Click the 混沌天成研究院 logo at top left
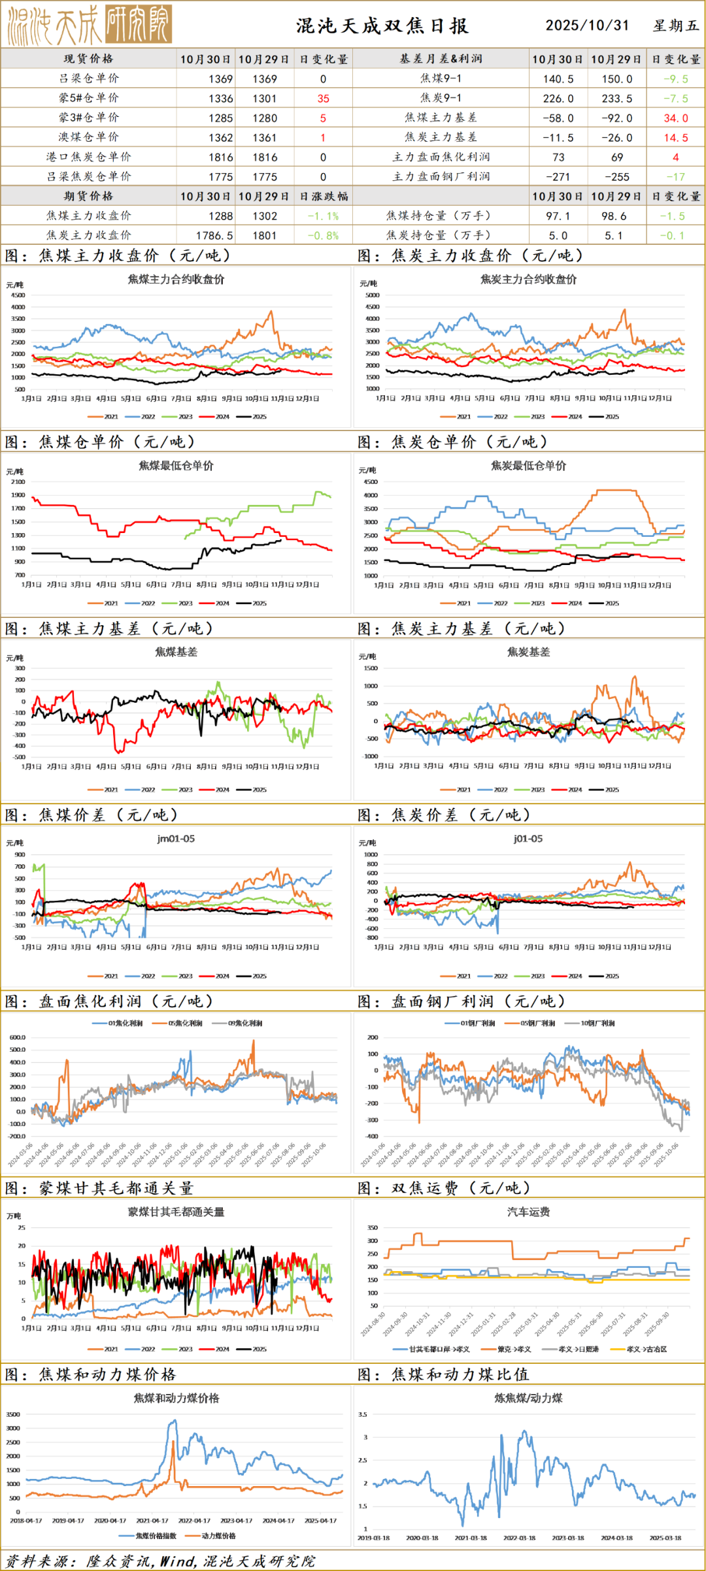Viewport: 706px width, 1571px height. pyautogui.click(x=90, y=25)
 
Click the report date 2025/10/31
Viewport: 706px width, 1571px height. pyautogui.click(x=587, y=25)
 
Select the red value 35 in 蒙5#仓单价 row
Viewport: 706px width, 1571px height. pyautogui.click(x=323, y=99)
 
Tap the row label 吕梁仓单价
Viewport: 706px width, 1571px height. pyautogui.click(x=89, y=78)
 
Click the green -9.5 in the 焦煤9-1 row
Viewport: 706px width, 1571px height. pyautogui.click(x=675, y=79)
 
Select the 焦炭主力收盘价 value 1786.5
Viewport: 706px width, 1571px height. pyautogui.click(x=214, y=236)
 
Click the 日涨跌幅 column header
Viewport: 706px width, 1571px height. pyautogui.click(x=324, y=197)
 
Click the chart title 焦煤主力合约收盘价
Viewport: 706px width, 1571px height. pyautogui.click(x=176, y=280)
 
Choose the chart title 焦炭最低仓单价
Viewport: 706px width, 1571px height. pyautogui.click(x=528, y=466)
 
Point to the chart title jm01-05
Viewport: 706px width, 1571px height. pyautogui.click(x=176, y=839)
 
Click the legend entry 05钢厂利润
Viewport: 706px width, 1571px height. pyautogui.click(x=537, y=1023)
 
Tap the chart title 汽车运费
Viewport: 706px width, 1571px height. pyautogui.click(x=528, y=1212)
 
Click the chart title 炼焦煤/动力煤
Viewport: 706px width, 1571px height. pyautogui.click(x=528, y=1398)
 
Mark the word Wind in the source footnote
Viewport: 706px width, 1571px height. pyautogui.click(x=177, y=1561)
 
